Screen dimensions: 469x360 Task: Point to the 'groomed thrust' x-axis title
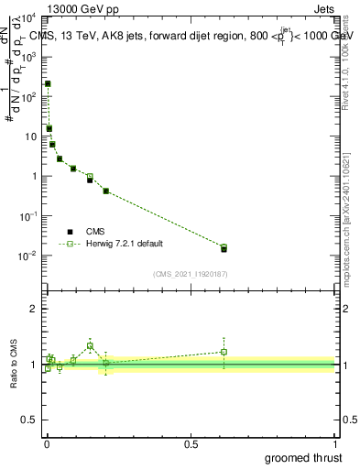[303, 456]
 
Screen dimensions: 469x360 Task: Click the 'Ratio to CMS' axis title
[16, 364]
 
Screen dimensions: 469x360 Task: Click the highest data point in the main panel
[48, 83]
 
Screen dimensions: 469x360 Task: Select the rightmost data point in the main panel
[224, 248]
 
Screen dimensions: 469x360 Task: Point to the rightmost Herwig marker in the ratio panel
[224, 352]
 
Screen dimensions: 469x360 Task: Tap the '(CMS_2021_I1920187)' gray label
[190, 272]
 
